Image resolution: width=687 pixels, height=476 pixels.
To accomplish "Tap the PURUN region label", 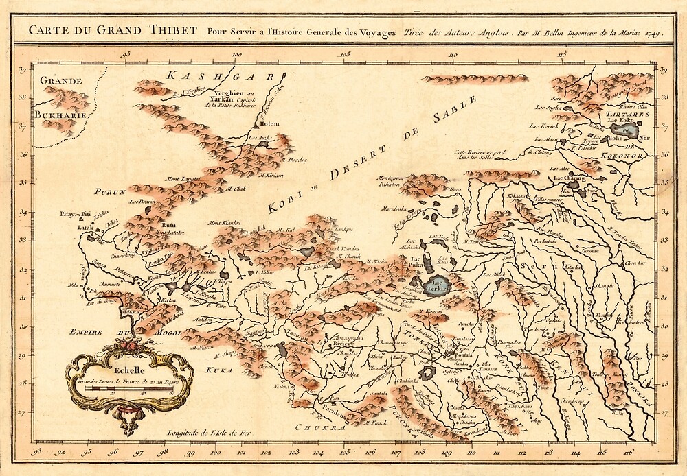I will click(111, 193).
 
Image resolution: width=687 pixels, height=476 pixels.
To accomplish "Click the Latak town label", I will click(85, 226).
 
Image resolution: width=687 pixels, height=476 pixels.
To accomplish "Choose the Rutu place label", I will click(168, 225).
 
